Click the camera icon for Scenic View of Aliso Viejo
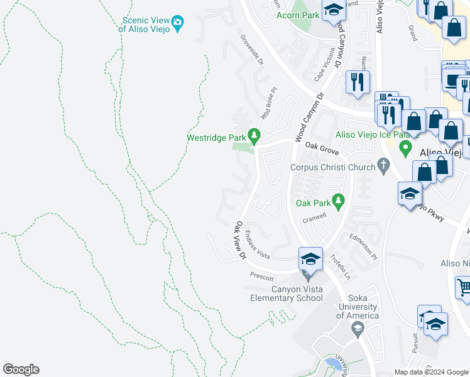[178, 23]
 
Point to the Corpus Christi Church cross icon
[383, 167]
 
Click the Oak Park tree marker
[339, 201]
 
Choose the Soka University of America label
[357, 311]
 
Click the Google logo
[21, 369]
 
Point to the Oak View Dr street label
[239, 239]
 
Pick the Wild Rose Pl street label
[268, 104]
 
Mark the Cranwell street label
[315, 219]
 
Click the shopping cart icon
[463, 287]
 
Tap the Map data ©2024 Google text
[430, 371]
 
